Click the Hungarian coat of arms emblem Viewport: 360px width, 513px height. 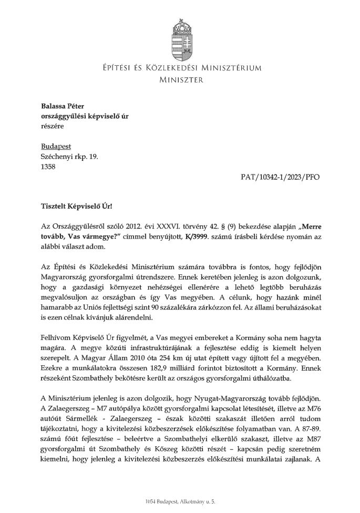click(180, 36)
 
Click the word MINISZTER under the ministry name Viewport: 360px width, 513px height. click(180, 80)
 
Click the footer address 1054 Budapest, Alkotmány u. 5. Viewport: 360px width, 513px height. click(180, 503)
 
